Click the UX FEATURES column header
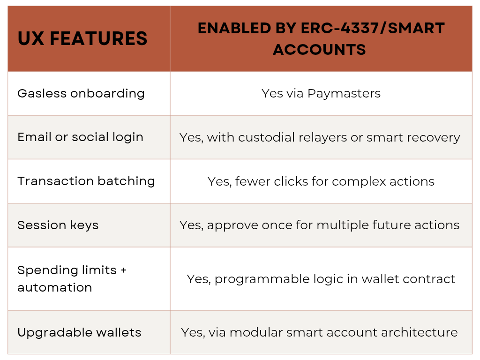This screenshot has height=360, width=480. [82, 38]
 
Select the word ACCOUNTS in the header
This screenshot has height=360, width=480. [319, 50]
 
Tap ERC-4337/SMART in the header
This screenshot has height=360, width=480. [373, 28]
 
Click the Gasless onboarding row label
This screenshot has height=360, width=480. [81, 94]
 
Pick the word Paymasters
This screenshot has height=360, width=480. [344, 94]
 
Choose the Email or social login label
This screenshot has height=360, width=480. [81, 137]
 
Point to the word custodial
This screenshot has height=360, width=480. [266, 137]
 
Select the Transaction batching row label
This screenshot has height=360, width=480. [86, 181]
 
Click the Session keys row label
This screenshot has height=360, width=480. [58, 225]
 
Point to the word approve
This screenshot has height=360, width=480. [232, 225]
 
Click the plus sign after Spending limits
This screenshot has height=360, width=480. [123, 270]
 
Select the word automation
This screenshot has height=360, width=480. [55, 287]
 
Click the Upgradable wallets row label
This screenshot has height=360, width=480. [79, 332]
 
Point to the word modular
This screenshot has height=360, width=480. [256, 332]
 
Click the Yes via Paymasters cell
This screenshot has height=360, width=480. [321, 94]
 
